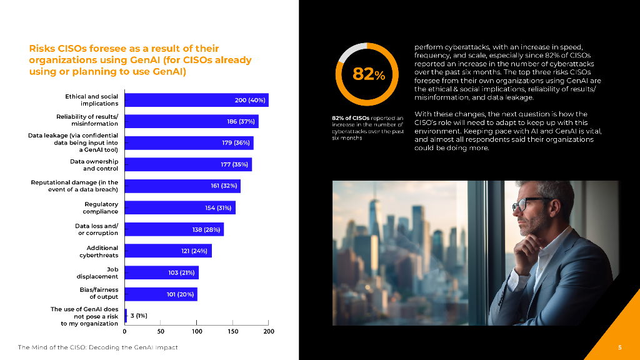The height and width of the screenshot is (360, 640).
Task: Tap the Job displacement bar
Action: [161, 272]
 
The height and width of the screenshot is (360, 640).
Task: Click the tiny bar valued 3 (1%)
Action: [126, 316]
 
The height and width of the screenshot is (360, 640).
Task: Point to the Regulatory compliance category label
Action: [101, 207]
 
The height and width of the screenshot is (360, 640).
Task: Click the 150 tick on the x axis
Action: [233, 331]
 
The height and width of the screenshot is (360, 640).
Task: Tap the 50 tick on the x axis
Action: [161, 331]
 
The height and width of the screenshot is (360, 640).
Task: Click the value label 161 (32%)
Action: [222, 186]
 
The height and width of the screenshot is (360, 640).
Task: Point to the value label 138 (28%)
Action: [206, 229]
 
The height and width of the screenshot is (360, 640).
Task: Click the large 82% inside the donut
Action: [369, 74]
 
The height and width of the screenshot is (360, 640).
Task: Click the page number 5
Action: [619, 347]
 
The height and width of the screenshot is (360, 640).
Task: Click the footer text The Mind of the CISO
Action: [97, 347]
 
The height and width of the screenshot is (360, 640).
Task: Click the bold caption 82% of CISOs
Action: [351, 117]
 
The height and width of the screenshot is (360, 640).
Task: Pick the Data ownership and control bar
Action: [188, 165]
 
